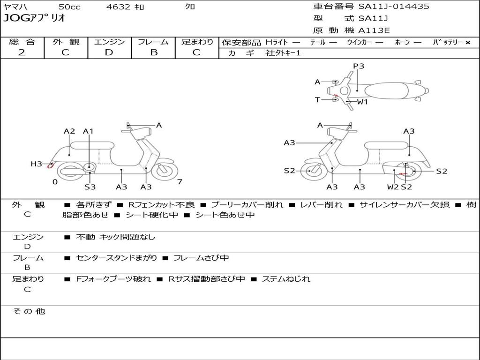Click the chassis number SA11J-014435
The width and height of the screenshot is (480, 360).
394,7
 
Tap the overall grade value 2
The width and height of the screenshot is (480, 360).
22,52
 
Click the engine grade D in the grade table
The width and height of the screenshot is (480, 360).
109,52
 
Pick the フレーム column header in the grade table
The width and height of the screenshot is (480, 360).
153,42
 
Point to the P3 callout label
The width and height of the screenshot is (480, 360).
359,66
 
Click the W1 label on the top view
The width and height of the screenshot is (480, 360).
362,102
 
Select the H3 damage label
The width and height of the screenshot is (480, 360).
36,164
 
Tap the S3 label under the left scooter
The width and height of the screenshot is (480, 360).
90,187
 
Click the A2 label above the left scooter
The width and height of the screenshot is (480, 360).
69,131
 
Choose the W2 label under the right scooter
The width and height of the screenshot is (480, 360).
393,187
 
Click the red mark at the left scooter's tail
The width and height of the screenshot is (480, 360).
50,166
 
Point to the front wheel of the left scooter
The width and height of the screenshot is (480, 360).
162,171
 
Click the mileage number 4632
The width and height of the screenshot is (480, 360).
118,7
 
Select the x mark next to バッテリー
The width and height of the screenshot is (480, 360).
468,43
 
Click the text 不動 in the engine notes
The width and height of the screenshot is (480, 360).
85,237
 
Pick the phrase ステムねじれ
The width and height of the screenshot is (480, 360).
286,279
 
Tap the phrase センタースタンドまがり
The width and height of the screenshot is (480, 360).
116,258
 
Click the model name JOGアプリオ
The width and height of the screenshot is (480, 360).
34,18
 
